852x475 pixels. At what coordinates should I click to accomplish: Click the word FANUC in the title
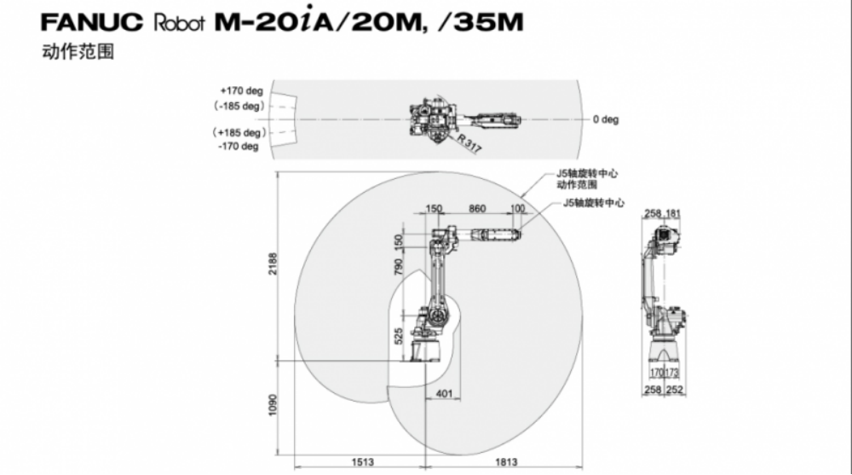[91, 21]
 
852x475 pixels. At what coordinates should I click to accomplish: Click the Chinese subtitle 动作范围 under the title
[78, 52]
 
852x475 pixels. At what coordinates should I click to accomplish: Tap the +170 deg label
[241, 90]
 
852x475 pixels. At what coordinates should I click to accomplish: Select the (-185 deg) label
[239, 106]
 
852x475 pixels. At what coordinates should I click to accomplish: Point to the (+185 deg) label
[239, 132]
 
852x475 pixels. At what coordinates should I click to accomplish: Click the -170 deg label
[239, 147]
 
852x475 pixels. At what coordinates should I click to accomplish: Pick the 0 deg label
[606, 119]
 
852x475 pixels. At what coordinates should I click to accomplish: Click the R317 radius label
[469, 143]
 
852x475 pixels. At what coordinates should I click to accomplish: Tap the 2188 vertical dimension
[273, 264]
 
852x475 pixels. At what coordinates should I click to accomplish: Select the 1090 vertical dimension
[273, 405]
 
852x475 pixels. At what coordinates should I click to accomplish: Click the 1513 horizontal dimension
[362, 462]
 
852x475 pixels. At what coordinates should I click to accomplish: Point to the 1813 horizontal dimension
[506, 462]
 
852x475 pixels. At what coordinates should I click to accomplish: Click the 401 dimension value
[444, 393]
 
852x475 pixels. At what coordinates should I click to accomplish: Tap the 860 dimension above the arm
[477, 208]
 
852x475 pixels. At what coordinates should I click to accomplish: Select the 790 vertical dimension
[399, 267]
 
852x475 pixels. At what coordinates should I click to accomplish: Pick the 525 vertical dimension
[399, 336]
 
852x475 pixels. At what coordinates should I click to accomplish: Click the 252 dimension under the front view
[674, 390]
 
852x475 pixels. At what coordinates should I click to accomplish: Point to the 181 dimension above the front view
[673, 213]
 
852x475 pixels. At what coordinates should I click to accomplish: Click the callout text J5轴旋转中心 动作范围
[587, 179]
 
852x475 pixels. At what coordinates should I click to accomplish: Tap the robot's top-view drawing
[465, 120]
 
